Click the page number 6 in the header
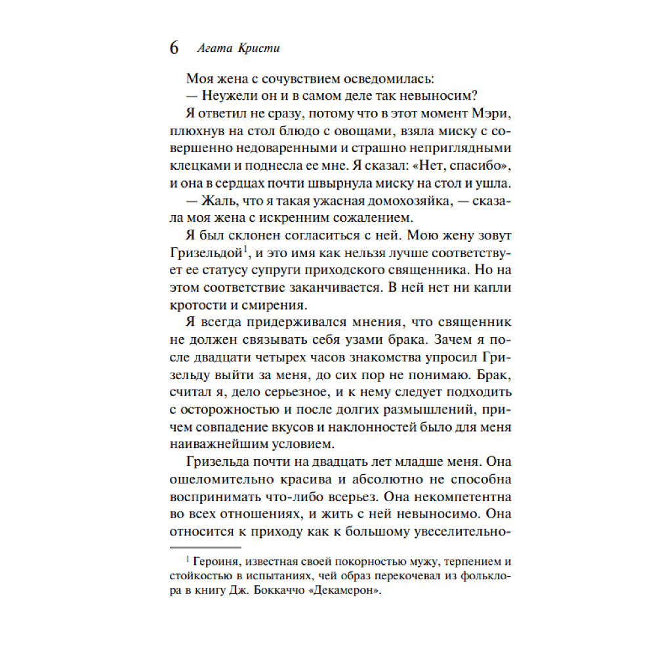(x=174, y=49)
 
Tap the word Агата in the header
(x=212, y=49)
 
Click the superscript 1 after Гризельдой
(x=245, y=248)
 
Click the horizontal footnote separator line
(x=206, y=546)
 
